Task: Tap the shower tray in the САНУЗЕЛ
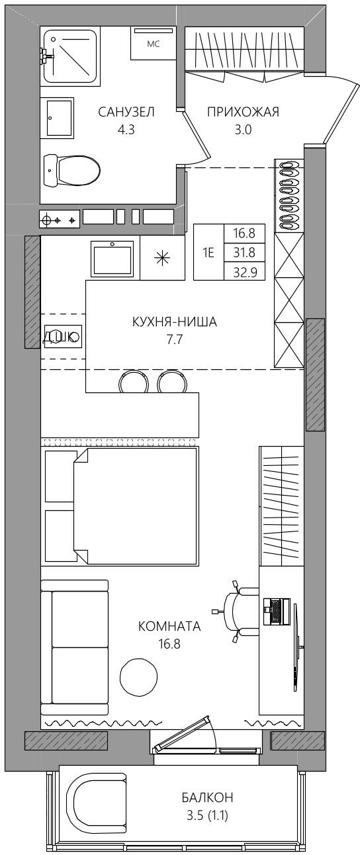[70, 56]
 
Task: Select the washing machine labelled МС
[153, 43]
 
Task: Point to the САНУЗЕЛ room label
[126, 112]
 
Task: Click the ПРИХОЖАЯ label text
[243, 112]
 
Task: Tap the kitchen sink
[112, 259]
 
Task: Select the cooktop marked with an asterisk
[162, 257]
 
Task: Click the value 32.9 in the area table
[244, 272]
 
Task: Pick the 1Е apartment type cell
[208, 252]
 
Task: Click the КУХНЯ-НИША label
[175, 322]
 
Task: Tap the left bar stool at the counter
[134, 382]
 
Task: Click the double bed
[136, 506]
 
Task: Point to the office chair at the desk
[237, 610]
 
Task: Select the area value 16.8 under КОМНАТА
[169, 644]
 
